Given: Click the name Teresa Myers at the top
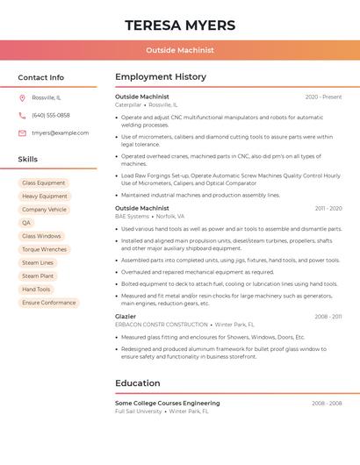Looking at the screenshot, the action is pos(179,25).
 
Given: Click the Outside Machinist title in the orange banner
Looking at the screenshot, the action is pos(179,50).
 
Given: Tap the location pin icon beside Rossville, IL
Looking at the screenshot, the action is pos(22,97).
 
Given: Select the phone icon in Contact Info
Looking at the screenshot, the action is pos(22,115).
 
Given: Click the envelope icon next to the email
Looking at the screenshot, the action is pos(22,132).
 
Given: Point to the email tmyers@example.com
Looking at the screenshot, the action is pos(60,132).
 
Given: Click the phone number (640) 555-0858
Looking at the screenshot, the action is pos(51,115).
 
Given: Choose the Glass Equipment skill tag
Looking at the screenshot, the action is pos(43,182).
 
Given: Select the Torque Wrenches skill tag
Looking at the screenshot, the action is pos(44,249).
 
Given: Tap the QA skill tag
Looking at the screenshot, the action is pos(26,223).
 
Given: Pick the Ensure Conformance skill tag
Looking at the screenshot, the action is pos(49,303).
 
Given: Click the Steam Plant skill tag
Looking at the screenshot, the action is pos(38,275).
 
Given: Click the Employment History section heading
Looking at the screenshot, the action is pos(160,77).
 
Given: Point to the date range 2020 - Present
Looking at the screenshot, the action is pos(323,97).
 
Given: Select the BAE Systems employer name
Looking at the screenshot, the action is pos(132,216).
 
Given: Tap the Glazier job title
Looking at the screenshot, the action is pos(126,316).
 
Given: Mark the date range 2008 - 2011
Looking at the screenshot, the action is pos(328,316).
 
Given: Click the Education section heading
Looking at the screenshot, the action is pos(137,383).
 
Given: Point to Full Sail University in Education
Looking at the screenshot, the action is pos(139,411).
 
